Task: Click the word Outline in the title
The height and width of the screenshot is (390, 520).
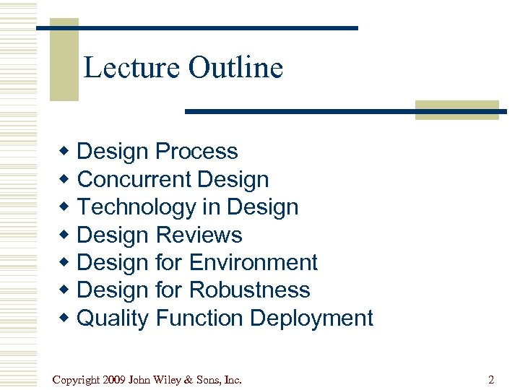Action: click(235, 68)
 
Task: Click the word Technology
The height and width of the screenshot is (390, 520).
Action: click(136, 207)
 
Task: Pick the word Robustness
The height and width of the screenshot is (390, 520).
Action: click(249, 290)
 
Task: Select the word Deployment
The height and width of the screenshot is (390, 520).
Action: click(315, 318)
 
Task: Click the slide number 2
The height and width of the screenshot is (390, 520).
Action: click(491, 379)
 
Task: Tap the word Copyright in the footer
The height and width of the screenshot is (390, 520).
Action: click(77, 379)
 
